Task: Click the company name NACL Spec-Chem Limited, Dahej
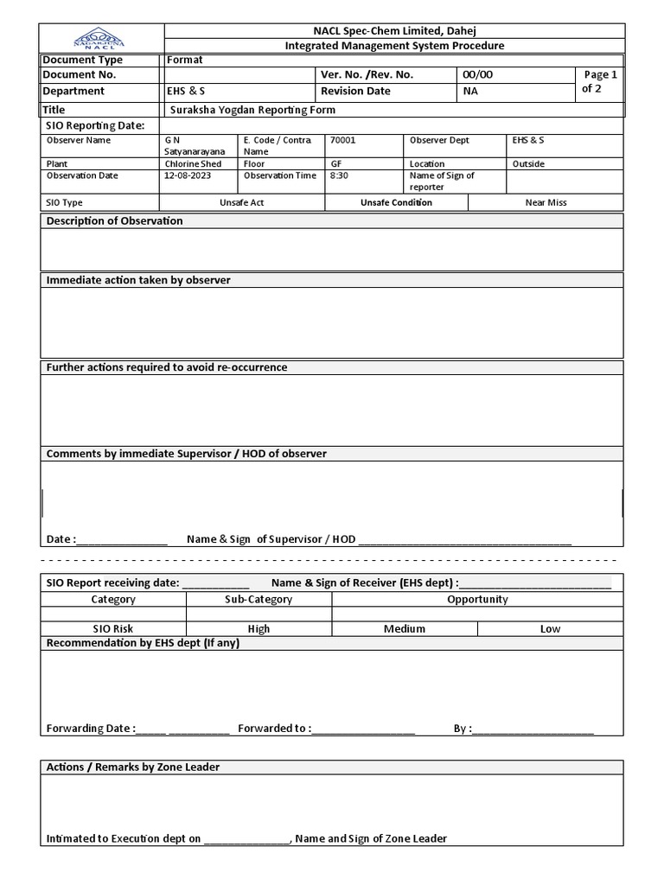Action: pos(393,31)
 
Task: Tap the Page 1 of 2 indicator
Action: pos(601,82)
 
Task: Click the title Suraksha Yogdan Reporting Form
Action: pos(252,110)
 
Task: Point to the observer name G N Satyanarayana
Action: pos(194,145)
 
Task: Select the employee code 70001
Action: pos(342,140)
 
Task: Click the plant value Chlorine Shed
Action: pos(193,163)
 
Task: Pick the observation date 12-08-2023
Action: pos(188,175)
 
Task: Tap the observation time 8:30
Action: pos(339,175)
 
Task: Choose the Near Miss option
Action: pos(546,202)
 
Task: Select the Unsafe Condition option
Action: pos(396,202)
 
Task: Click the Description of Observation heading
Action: pos(114,221)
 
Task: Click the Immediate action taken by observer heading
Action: pos(138,280)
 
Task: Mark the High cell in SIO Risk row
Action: pos(259,629)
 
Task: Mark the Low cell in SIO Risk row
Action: pos(550,629)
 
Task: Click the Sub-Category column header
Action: pos(259,599)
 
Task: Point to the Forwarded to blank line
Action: pos(363,729)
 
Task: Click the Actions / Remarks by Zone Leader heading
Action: pos(132,767)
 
